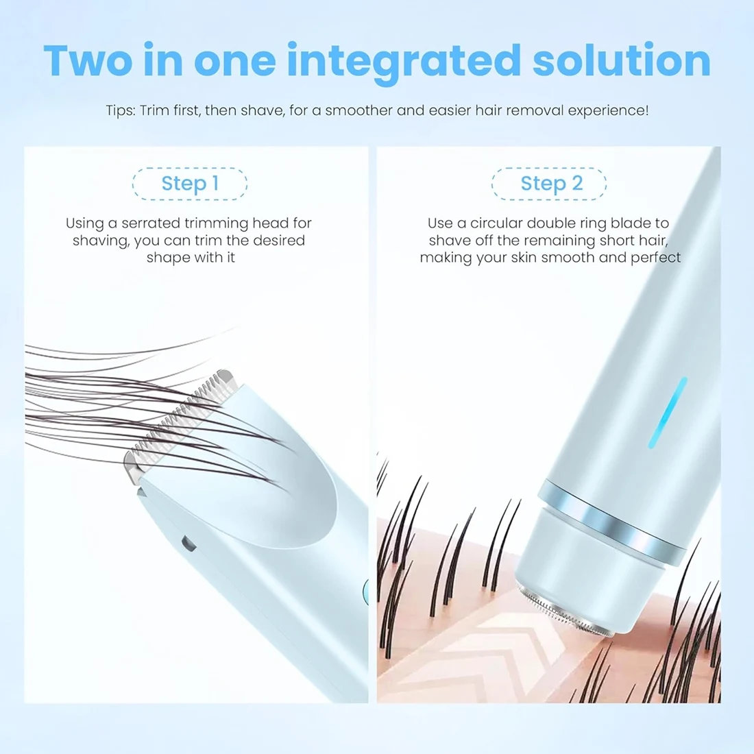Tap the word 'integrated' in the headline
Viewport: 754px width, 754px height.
(404, 62)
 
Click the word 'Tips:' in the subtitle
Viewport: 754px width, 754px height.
(120, 110)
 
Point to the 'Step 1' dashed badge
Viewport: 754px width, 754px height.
(190, 184)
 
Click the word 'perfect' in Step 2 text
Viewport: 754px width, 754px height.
(656, 258)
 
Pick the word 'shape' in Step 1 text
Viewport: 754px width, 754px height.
(165, 258)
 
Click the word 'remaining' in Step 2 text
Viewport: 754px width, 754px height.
(558, 241)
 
